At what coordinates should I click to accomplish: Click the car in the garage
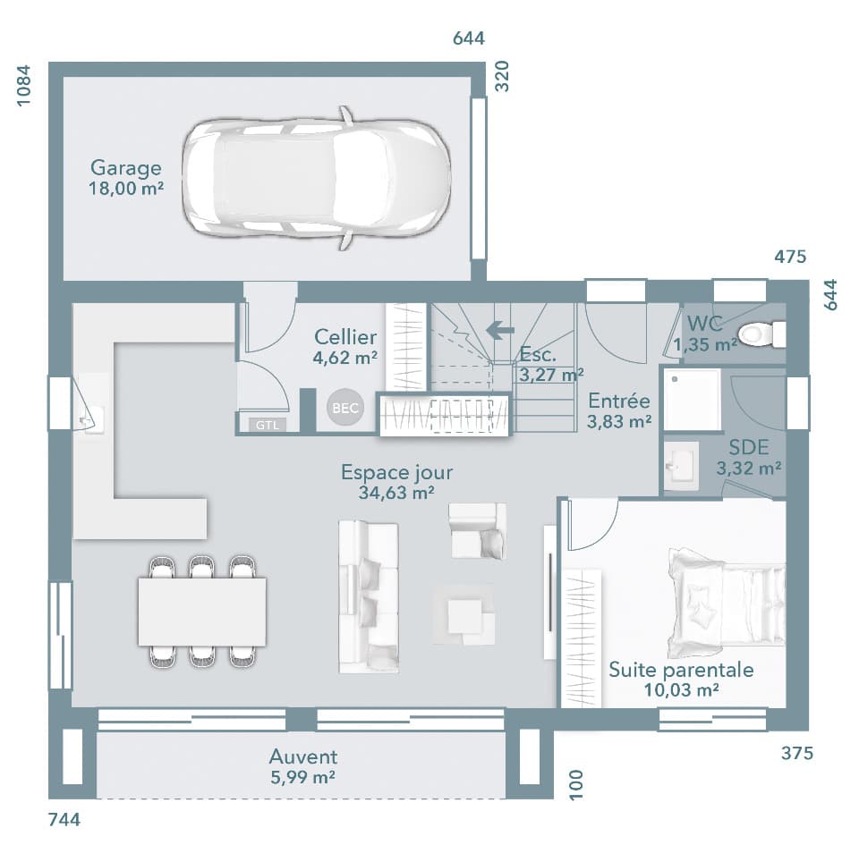point(316,178)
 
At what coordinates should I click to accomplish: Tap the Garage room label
point(126,168)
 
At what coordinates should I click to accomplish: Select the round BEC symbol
point(344,408)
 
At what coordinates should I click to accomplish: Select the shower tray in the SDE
point(692,399)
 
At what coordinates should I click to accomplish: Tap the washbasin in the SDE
point(681,465)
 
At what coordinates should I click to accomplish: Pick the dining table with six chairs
point(202,612)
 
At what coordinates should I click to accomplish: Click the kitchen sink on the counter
point(90,417)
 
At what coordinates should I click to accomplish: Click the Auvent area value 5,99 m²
point(303,777)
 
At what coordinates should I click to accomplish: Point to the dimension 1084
point(24,86)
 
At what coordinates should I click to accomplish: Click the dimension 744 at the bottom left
point(64,819)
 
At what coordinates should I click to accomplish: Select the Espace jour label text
point(396,472)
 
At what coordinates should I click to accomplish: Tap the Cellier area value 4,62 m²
point(344,357)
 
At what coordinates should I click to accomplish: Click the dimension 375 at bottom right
point(796,753)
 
